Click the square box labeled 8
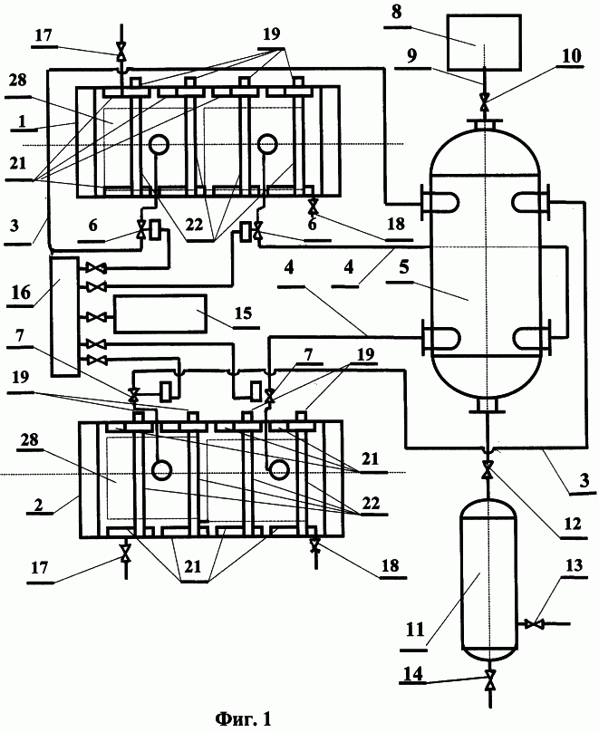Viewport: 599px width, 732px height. pyautogui.click(x=484, y=42)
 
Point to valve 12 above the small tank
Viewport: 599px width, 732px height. pyautogui.click(x=488, y=468)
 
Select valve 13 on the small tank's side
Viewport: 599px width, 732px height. pyautogui.click(x=533, y=623)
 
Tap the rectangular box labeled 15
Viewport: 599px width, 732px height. pyautogui.click(x=160, y=313)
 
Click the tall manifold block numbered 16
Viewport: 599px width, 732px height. pyautogui.click(x=64, y=316)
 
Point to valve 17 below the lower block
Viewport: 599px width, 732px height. pyautogui.click(x=125, y=554)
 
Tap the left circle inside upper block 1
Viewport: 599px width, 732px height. pyautogui.click(x=159, y=144)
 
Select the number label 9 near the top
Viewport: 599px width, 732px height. pyautogui.click(x=411, y=56)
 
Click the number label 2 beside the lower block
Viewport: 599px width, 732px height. pyautogui.click(x=39, y=505)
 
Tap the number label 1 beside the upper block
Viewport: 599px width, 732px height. pyautogui.click(x=22, y=120)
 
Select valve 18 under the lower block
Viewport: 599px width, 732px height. pyautogui.click(x=315, y=544)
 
